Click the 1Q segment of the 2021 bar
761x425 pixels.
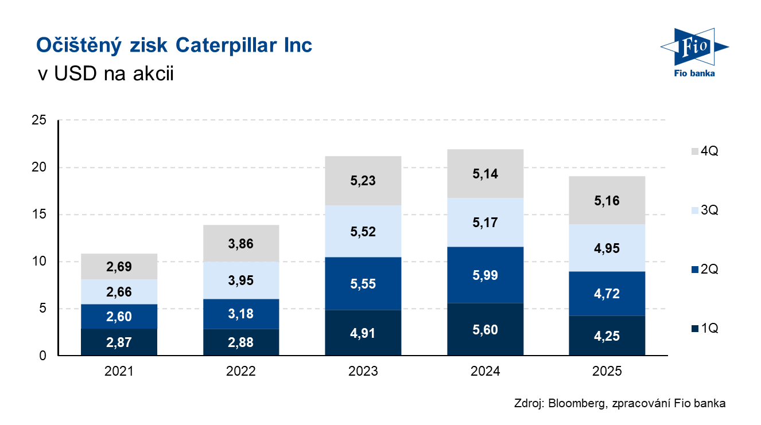click(x=119, y=342)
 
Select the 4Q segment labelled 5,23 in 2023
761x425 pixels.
click(x=363, y=181)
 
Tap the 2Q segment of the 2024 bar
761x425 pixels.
click(x=485, y=275)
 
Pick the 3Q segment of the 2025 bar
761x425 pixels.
click(x=607, y=248)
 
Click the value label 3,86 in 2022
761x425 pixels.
click(x=241, y=244)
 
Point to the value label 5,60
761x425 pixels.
click(x=485, y=330)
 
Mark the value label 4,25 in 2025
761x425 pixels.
click(x=607, y=336)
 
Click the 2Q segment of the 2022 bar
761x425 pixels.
click(x=241, y=314)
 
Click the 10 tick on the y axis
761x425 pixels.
click(x=38, y=262)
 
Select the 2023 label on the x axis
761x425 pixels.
click(x=363, y=372)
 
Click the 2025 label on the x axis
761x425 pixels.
click(x=607, y=372)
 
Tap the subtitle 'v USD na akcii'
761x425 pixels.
click(x=104, y=74)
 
